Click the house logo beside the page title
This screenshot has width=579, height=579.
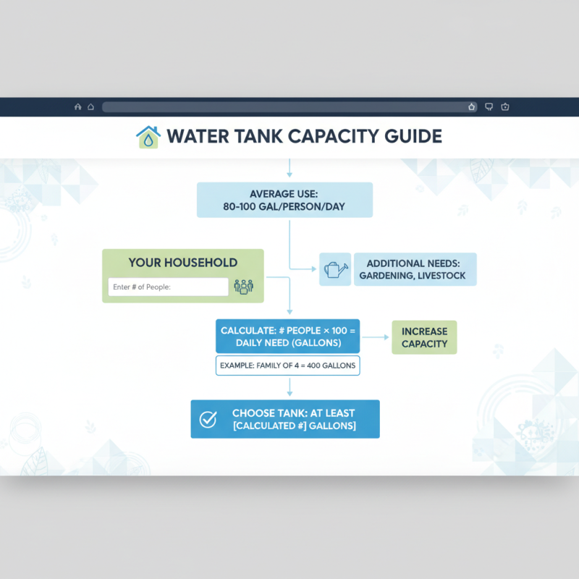(148, 137)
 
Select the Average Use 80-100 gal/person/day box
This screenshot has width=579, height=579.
(285, 200)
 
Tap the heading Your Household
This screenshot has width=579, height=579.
(183, 263)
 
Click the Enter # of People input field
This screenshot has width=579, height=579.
(168, 287)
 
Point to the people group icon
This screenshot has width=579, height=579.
(244, 287)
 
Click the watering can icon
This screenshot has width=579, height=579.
(334, 269)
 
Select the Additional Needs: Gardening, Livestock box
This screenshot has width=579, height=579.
(415, 269)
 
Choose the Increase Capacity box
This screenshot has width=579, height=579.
(425, 337)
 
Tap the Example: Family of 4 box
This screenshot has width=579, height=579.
(288, 365)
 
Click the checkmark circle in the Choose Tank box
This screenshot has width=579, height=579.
(208, 419)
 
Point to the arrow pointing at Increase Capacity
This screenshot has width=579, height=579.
(382, 337)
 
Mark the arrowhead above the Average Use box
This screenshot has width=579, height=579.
(289, 174)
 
